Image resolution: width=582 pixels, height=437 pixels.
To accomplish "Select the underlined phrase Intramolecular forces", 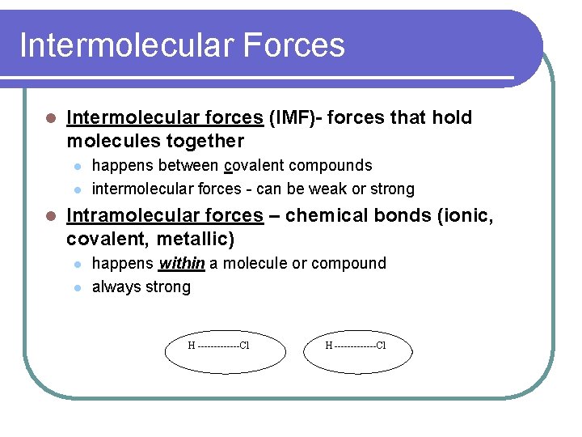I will click(x=165, y=216).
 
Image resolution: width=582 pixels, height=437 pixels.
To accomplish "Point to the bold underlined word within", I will click(x=181, y=264).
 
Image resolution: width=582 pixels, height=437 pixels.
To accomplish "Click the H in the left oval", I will click(x=192, y=346).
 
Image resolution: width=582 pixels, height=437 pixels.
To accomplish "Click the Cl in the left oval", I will click(x=244, y=346).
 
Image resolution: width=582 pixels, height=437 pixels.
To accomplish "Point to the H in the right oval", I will click(x=329, y=346).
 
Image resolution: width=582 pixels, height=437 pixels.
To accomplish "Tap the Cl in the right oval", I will click(x=381, y=346).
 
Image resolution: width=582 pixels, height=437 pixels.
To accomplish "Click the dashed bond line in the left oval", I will click(x=217, y=346).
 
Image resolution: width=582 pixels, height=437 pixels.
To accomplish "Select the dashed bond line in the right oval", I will click(x=355, y=346).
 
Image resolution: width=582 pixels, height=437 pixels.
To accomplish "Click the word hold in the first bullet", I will click(x=452, y=118).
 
